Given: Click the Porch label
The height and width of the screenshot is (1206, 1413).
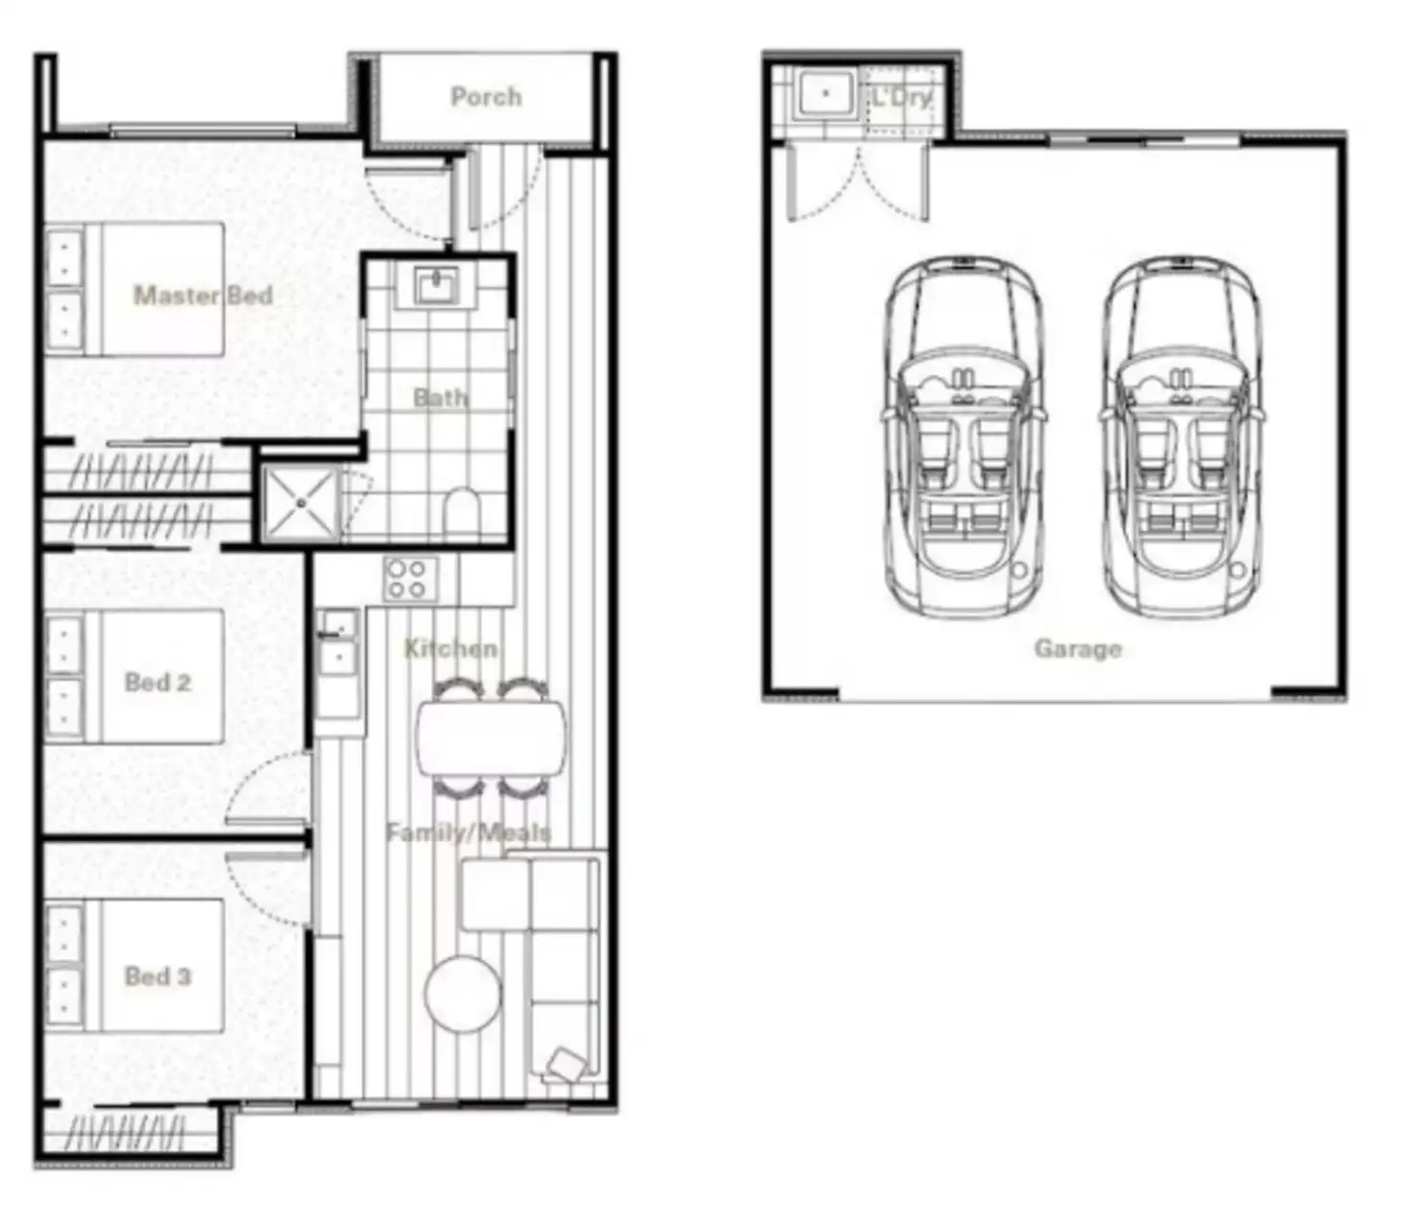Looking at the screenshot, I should (486, 96).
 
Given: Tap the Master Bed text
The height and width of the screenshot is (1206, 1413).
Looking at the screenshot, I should (203, 295).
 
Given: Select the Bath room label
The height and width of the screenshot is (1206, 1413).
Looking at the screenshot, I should (441, 397).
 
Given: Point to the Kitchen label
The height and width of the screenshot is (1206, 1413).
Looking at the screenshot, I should (450, 648).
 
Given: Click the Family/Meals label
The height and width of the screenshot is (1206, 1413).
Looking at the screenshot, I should (468, 832).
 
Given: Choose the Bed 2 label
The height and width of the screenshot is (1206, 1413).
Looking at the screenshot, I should (157, 683).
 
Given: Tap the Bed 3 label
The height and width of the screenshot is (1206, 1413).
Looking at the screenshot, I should (157, 977).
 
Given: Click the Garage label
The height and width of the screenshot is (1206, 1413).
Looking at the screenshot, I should (1077, 648).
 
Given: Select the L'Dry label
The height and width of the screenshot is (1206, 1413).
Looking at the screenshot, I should (901, 97).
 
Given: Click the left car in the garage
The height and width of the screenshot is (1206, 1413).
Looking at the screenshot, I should (963, 437).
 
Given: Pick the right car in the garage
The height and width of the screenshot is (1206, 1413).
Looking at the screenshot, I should (1181, 437).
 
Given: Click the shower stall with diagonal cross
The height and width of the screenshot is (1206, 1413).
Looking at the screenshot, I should (301, 503).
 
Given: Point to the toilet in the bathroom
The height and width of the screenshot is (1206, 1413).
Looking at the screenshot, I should (464, 513).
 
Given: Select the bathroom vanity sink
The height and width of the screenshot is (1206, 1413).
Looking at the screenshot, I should (438, 285).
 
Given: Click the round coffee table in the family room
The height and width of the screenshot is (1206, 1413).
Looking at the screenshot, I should (463, 993).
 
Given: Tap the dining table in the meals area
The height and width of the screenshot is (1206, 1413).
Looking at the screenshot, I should (491, 737).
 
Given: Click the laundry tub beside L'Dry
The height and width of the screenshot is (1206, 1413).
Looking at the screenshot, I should (826, 94).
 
